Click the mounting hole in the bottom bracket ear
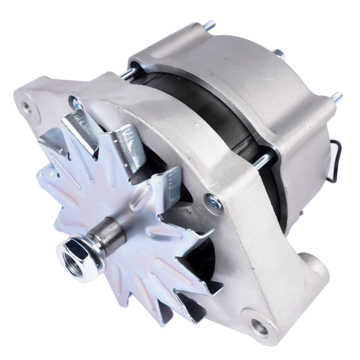[259, 327]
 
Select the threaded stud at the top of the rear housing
[208, 26]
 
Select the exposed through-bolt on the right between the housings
[262, 161]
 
